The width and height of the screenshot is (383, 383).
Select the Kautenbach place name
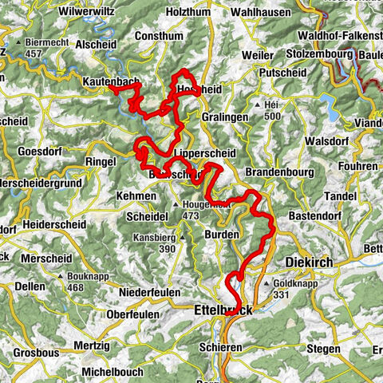pos(109,81)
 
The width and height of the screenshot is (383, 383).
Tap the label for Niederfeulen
pos(149,293)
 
